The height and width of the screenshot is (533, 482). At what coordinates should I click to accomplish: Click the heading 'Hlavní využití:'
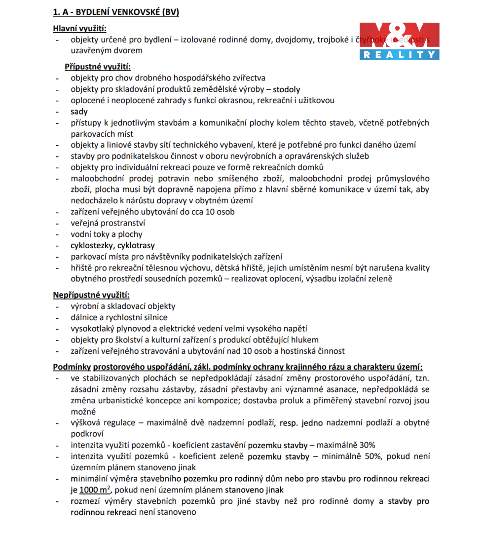coord(79,28)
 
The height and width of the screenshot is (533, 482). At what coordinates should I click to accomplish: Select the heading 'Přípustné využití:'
coord(97,67)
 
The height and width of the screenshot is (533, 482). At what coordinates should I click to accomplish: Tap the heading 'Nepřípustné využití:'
coord(91,295)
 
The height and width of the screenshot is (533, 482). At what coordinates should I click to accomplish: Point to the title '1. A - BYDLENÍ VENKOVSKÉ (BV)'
coord(116,12)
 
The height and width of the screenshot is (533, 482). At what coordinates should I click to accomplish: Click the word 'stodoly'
coord(286,89)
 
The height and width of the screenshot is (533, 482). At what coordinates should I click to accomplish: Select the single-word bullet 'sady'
coord(79,112)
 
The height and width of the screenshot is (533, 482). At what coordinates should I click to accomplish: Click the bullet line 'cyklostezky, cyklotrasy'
coord(112,245)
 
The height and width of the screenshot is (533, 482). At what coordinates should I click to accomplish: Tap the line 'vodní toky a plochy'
coord(106,234)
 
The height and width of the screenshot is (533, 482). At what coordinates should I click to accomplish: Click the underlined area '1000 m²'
coord(94,490)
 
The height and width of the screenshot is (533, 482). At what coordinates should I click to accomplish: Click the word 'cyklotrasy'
coord(134,245)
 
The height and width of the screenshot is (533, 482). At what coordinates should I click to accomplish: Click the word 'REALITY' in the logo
coord(399,55)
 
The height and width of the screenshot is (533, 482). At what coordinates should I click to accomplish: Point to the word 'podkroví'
coord(87,434)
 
